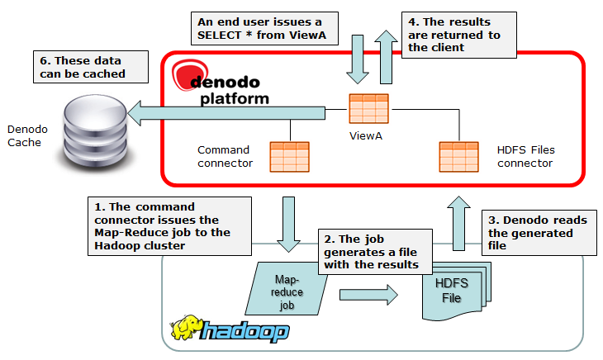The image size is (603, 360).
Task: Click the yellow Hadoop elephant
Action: (x=186, y=329)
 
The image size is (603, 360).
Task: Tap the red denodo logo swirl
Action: (x=186, y=73)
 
